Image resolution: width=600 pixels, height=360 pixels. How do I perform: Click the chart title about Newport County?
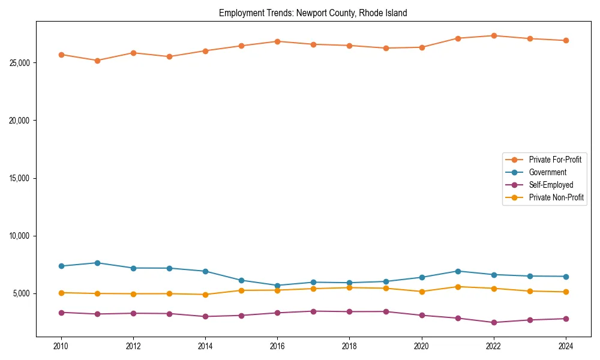313,13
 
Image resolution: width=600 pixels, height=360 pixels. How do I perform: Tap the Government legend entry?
547,172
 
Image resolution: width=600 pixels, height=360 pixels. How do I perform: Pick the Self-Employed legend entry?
551,185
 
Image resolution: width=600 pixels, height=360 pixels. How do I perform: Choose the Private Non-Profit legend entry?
556,197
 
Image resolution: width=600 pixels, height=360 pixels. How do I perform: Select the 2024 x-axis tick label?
566,346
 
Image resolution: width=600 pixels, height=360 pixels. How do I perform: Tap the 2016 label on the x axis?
277,346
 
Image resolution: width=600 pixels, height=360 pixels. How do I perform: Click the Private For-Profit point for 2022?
494,35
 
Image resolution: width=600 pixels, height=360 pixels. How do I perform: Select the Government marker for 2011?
97,263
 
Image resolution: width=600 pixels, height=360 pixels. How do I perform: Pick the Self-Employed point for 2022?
494,322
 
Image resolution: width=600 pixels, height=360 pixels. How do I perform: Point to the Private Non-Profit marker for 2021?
458,287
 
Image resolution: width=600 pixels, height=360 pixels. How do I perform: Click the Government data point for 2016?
277,286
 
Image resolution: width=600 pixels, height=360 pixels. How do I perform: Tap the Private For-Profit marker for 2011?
97,61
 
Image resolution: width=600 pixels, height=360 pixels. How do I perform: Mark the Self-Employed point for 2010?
61,313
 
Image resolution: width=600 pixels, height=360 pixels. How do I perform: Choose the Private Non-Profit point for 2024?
566,292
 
